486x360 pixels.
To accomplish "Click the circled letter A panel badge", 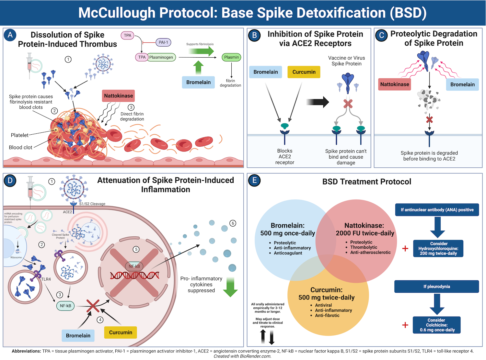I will [10, 35].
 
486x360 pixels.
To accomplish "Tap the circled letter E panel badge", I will [254, 181].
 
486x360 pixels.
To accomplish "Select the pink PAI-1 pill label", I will [163, 42].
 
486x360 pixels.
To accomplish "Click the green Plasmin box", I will [231, 57].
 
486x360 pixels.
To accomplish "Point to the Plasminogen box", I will [161, 57].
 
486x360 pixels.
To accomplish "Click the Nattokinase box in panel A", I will [118, 96].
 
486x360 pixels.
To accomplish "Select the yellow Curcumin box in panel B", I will [304, 72].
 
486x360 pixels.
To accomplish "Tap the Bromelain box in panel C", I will [462, 84].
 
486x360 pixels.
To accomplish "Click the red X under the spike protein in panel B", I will [348, 104].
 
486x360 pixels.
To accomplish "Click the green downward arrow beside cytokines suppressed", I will [230, 287].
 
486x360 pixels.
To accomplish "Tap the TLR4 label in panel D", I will [46, 279].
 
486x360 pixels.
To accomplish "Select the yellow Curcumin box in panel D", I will [121, 332].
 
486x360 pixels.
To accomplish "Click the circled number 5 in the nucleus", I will [136, 249].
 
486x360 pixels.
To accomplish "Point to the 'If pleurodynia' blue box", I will [436, 287].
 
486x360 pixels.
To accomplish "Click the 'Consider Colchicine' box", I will [437, 325].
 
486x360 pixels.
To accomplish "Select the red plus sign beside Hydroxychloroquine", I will [405, 249].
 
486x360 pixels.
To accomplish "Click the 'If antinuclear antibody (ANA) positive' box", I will [437, 210].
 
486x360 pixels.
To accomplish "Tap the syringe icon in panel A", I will [30, 65].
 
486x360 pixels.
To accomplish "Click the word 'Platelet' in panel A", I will [19, 135].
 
